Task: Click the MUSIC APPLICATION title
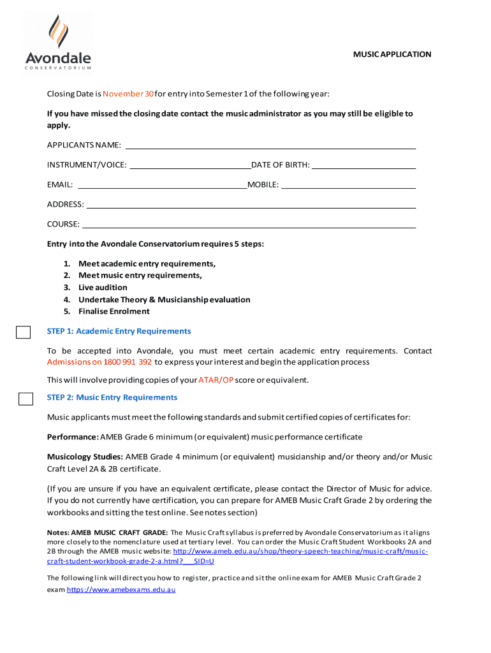[392, 54]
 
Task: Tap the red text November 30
[128, 94]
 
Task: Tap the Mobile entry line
[348, 186]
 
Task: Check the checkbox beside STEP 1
[24, 332]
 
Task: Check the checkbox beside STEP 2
[26, 399]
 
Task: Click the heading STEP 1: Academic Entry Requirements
[119, 331]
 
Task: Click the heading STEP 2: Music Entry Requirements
[112, 397]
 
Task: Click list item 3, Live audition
[103, 288]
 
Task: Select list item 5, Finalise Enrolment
[114, 311]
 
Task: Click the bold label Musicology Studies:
[85, 457]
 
